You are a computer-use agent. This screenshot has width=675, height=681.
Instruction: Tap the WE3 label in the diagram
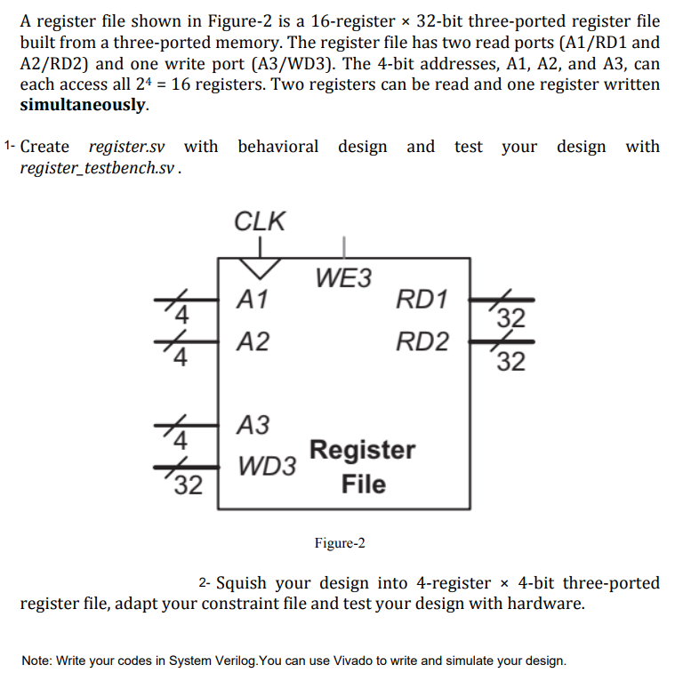pos(343,278)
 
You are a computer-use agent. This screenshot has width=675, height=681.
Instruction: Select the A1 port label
pos(253,300)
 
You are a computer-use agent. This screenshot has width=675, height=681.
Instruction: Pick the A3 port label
pos(253,425)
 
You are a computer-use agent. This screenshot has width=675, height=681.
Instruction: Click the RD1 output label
pos(422,300)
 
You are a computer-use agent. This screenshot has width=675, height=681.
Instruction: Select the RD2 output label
pos(422,341)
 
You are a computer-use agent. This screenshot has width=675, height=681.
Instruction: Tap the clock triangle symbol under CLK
pos(259,267)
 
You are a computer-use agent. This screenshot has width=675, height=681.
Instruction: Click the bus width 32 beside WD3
pos(188,485)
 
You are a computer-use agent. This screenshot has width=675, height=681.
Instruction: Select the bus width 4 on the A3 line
pos(181,440)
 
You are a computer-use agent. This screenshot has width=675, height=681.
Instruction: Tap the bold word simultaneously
pos(83,105)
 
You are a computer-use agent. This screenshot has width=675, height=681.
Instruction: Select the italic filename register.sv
pos(127,147)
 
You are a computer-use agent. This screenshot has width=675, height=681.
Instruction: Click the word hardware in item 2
pos(544,605)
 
